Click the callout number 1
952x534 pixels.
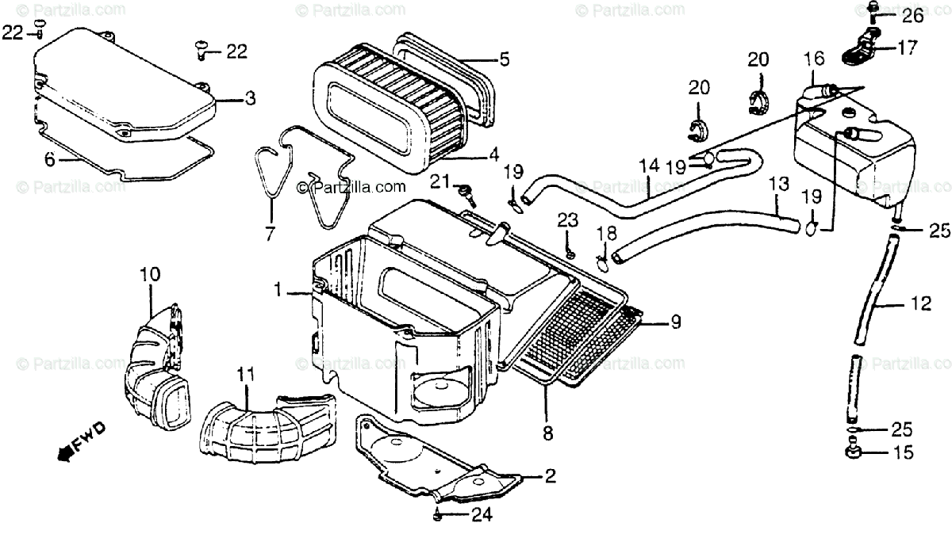click(278, 291)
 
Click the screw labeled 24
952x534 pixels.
click(437, 515)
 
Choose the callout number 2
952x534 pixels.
click(550, 477)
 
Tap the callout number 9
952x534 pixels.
click(674, 322)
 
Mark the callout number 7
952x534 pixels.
click(270, 234)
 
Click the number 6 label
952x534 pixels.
click(49, 159)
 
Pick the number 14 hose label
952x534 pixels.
click(648, 166)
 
